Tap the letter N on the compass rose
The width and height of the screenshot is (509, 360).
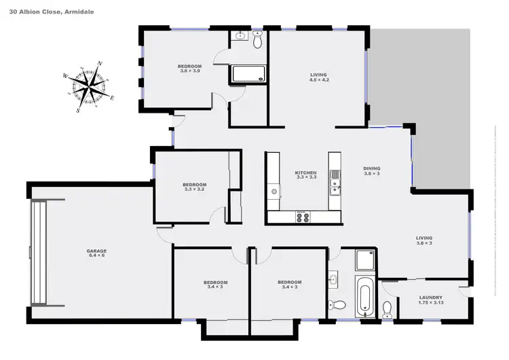click(100, 64)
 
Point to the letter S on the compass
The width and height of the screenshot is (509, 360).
click(78, 109)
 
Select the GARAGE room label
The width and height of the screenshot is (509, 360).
click(97, 251)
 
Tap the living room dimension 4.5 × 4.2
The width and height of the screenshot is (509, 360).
click(318, 79)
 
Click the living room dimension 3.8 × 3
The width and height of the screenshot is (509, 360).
click(424, 242)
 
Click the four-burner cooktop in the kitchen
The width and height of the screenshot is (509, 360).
click(302, 217)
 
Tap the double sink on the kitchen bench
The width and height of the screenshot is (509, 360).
click(334, 183)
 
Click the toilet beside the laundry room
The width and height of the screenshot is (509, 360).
click(387, 310)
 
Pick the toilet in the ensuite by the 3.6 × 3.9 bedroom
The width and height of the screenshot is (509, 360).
click(257, 41)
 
